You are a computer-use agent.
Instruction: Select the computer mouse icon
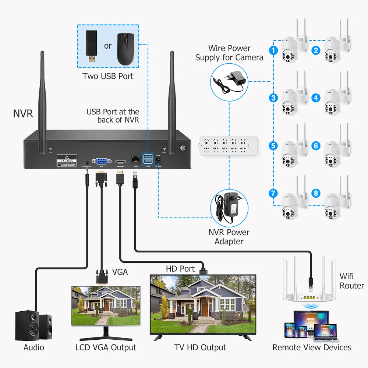point(126,49)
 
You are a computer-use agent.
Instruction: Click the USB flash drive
point(92,46)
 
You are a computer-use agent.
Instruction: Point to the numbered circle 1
point(273,50)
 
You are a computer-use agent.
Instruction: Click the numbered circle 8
point(316,193)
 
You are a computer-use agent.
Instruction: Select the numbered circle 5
point(273,145)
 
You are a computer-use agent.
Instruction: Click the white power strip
point(225,145)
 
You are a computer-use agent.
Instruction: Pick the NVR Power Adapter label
point(229,237)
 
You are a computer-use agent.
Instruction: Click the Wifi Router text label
point(352,281)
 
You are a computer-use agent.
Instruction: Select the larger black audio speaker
point(27,327)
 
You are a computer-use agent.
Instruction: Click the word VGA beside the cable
point(120,272)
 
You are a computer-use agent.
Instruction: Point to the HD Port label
point(180,269)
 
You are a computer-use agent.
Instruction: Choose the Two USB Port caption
point(108,77)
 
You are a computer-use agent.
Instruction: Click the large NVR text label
point(23,113)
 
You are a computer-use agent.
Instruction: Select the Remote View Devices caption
point(312,347)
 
